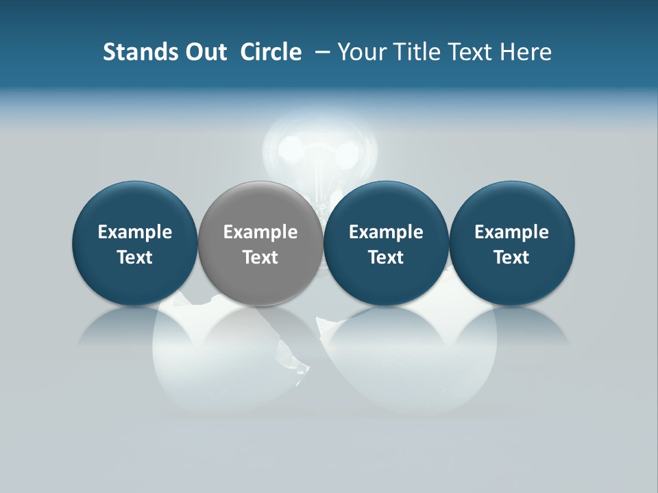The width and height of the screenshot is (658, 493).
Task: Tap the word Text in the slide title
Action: (x=472, y=52)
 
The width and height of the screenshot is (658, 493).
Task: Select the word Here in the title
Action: (x=526, y=52)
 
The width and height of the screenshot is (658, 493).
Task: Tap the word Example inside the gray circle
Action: (x=260, y=232)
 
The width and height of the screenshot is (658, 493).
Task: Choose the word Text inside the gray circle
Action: (x=260, y=257)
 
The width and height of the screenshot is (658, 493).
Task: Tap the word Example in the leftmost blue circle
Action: (x=135, y=232)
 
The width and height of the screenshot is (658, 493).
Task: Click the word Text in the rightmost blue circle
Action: (x=511, y=257)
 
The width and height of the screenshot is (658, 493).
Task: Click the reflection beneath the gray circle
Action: (x=260, y=329)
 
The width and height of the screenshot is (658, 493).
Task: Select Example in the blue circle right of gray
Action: (x=386, y=232)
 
